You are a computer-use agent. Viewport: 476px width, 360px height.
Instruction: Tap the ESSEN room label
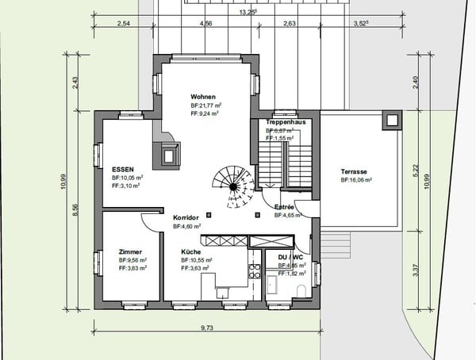coord(123,169)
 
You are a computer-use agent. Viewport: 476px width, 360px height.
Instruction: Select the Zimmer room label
coord(130,251)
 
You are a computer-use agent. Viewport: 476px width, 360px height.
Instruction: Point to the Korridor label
coord(186,217)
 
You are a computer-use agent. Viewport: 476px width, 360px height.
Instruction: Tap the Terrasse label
coord(354,171)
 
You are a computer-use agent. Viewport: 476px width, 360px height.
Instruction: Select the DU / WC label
coord(290,258)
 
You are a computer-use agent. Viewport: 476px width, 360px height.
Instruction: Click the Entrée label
coord(285,206)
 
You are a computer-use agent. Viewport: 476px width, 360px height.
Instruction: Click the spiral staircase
coord(234,186)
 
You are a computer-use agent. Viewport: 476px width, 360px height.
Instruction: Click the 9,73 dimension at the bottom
coord(206,327)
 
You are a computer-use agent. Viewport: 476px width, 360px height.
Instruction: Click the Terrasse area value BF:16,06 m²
coord(356,181)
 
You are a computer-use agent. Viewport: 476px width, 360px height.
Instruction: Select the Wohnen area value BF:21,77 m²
coord(205,105)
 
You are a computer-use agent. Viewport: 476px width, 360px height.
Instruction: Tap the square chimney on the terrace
coord(390,121)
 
